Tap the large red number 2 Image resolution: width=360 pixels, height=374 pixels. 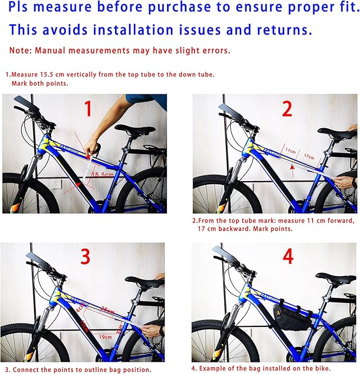pyautogui.click(x=287, y=109)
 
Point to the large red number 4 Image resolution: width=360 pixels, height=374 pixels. pyautogui.click(x=287, y=256)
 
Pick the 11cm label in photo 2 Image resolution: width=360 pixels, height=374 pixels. pyautogui.click(x=290, y=151)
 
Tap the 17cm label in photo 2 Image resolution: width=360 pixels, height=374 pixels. pyautogui.click(x=309, y=157)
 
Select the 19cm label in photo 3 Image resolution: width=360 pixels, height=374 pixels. pyautogui.click(x=105, y=337)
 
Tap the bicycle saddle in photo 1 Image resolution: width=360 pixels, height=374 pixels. pyautogui.click(x=135, y=129)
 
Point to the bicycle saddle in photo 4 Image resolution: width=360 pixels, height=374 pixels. pyautogui.click(x=336, y=279)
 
